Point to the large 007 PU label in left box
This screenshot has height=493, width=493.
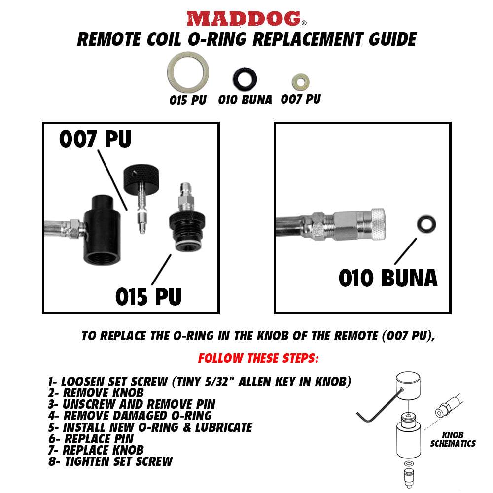point(95,139)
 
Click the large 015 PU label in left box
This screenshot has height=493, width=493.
point(148,296)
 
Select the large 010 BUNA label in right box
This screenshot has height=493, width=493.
point(388,278)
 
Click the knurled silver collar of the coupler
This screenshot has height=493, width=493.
point(378,224)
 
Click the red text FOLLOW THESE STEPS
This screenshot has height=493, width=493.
point(258,358)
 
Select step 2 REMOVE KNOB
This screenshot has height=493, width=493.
point(96,393)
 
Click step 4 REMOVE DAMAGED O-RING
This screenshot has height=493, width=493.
point(130,415)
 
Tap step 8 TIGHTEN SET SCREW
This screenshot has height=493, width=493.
point(110,461)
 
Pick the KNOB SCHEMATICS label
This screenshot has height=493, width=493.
point(453,439)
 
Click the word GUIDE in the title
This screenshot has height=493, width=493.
point(393,39)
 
